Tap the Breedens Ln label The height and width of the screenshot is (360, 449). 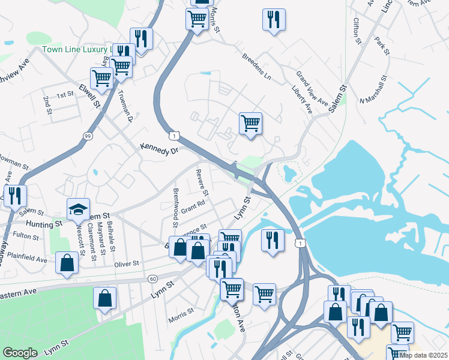click(x=256, y=67)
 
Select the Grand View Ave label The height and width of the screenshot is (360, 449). click(x=312, y=88)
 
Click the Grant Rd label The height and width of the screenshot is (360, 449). click(x=193, y=206)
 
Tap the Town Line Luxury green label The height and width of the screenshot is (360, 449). click(x=77, y=50)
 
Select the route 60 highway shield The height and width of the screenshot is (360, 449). click(x=153, y=279)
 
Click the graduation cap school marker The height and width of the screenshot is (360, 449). click(x=78, y=209)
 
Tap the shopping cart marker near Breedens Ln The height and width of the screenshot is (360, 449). click(x=250, y=124)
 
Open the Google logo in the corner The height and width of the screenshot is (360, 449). click(x=20, y=353)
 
